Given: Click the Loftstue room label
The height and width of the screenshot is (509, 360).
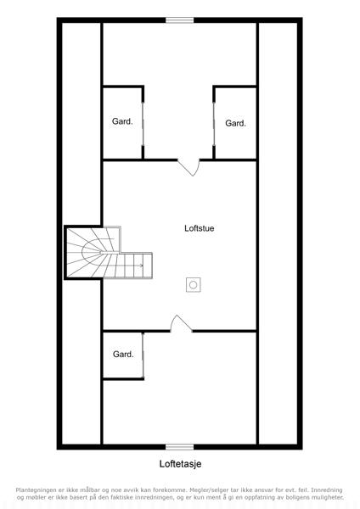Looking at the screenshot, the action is coord(200,228).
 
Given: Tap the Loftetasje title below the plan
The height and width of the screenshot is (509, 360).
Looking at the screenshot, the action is coord(180,464).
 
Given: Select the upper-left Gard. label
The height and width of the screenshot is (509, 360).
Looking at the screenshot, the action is coord(122,121).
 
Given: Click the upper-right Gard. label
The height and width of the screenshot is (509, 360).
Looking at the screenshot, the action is coord(235,123).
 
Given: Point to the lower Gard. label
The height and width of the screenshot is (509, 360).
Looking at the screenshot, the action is coord(123,354).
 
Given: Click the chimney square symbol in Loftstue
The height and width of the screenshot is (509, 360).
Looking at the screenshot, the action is coord(194,285).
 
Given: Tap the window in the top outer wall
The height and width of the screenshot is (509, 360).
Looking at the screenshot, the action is coord(180,20).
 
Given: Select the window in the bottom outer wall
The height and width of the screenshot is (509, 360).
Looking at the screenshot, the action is coord(180,447).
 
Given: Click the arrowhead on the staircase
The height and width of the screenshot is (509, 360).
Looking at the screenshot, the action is coord(141,266).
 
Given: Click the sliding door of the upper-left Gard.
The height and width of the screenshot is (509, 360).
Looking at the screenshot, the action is coord(143,124).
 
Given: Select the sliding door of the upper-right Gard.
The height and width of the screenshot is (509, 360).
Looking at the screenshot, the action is coord(214,124).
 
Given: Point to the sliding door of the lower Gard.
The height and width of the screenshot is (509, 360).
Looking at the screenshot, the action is coord(143,355).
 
